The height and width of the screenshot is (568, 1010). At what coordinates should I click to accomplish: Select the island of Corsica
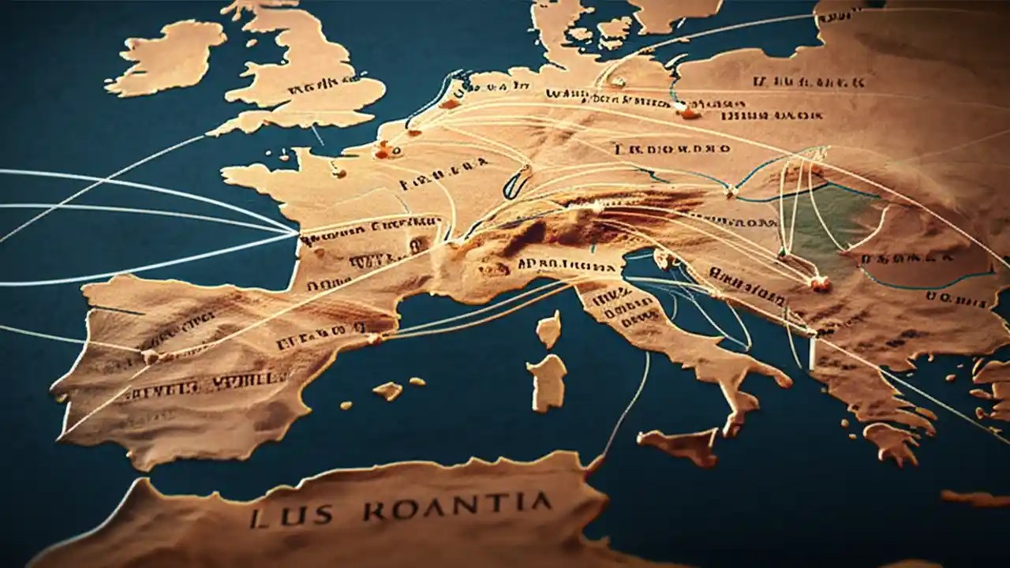point(549,328)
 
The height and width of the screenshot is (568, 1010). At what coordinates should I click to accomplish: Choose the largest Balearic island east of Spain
point(387,390)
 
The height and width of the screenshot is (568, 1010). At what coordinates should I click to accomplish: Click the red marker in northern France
point(383,149)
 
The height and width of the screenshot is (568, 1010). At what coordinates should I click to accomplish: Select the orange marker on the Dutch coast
point(450,103)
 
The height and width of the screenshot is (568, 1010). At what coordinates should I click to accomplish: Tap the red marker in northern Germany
point(689,113)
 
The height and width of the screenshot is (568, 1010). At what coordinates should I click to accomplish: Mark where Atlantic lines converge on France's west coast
point(297,233)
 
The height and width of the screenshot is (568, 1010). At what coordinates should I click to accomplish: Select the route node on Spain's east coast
point(374,339)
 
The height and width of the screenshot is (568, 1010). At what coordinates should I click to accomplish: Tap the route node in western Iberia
point(148,357)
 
